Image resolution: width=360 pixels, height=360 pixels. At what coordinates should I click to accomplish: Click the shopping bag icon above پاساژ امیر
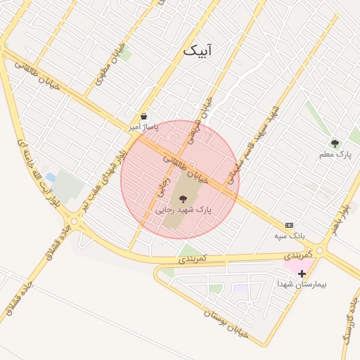(144, 117)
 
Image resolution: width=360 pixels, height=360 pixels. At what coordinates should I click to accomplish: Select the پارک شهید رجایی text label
(184, 210)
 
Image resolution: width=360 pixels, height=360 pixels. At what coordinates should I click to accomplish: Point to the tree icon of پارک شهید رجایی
(184, 198)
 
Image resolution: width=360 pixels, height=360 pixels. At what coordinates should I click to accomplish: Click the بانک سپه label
(290, 236)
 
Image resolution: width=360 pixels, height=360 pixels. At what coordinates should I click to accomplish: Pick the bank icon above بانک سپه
(290, 225)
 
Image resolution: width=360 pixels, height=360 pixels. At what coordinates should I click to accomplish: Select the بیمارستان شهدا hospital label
(298, 284)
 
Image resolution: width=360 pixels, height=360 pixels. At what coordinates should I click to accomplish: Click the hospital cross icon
(302, 274)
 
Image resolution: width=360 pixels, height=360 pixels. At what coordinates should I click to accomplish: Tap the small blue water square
(50, 177)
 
